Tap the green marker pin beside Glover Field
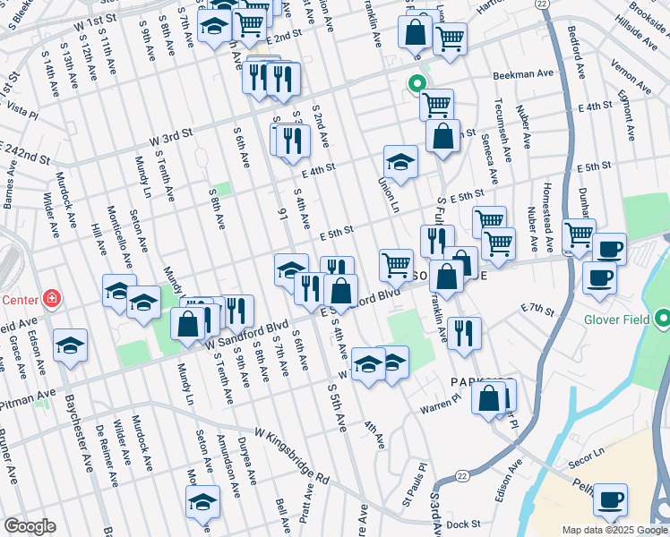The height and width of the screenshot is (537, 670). [x=662, y=318]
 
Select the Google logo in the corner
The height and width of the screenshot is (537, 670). [x=30, y=526]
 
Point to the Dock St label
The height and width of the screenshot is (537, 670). [x=462, y=524]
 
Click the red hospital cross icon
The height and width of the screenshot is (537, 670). [x=52, y=297]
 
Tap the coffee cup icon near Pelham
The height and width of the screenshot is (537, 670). [x=609, y=499]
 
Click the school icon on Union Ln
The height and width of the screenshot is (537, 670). [x=400, y=162]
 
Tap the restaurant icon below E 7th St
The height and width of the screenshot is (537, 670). [x=464, y=333]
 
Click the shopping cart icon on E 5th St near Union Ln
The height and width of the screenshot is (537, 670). [x=396, y=264]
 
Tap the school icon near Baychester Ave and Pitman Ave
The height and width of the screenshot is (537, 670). [x=70, y=345]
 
